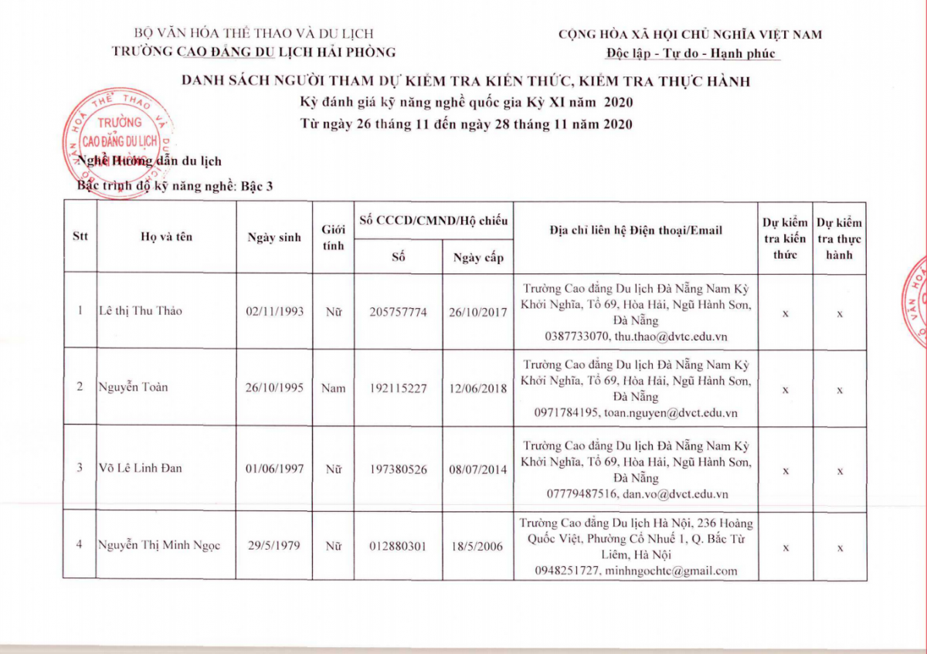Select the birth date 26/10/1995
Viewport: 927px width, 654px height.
[274, 388]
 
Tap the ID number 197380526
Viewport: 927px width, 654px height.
[398, 469]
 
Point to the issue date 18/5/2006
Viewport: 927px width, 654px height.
[477, 547]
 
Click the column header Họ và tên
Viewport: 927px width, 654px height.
[166, 237]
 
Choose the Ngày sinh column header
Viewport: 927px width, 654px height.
[274, 238]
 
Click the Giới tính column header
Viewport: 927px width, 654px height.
[333, 237]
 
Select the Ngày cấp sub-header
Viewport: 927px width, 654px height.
[477, 257]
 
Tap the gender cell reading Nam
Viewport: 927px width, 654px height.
[333, 388]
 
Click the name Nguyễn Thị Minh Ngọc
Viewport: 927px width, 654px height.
[159, 545]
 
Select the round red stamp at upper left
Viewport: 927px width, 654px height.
[117, 141]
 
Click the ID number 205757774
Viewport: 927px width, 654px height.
[398, 312]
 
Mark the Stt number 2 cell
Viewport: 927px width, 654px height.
[80, 387]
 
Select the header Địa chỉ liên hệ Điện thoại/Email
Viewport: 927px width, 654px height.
[636, 230]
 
